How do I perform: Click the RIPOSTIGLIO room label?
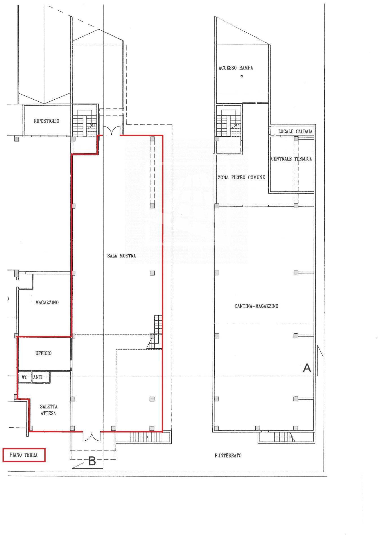click(46, 121)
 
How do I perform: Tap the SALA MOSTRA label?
click(121, 256)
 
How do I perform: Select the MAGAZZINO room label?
click(47, 303)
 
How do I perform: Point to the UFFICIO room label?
click(43, 353)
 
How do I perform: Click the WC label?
click(24, 377)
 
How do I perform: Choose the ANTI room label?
click(38, 377)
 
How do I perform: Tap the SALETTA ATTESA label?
click(48, 410)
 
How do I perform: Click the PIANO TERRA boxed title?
click(23, 455)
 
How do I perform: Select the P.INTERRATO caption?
click(228, 455)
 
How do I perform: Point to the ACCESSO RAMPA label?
click(236, 68)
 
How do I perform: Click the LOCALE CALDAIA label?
click(295, 132)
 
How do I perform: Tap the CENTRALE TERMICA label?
click(291, 159)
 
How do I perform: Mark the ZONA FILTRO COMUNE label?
click(241, 178)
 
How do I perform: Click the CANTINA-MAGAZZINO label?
click(256, 306)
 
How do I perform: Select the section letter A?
click(307, 368)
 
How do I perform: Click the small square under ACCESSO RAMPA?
click(241, 76)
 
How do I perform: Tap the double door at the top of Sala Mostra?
click(112, 131)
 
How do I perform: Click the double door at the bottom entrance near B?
click(92, 436)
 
